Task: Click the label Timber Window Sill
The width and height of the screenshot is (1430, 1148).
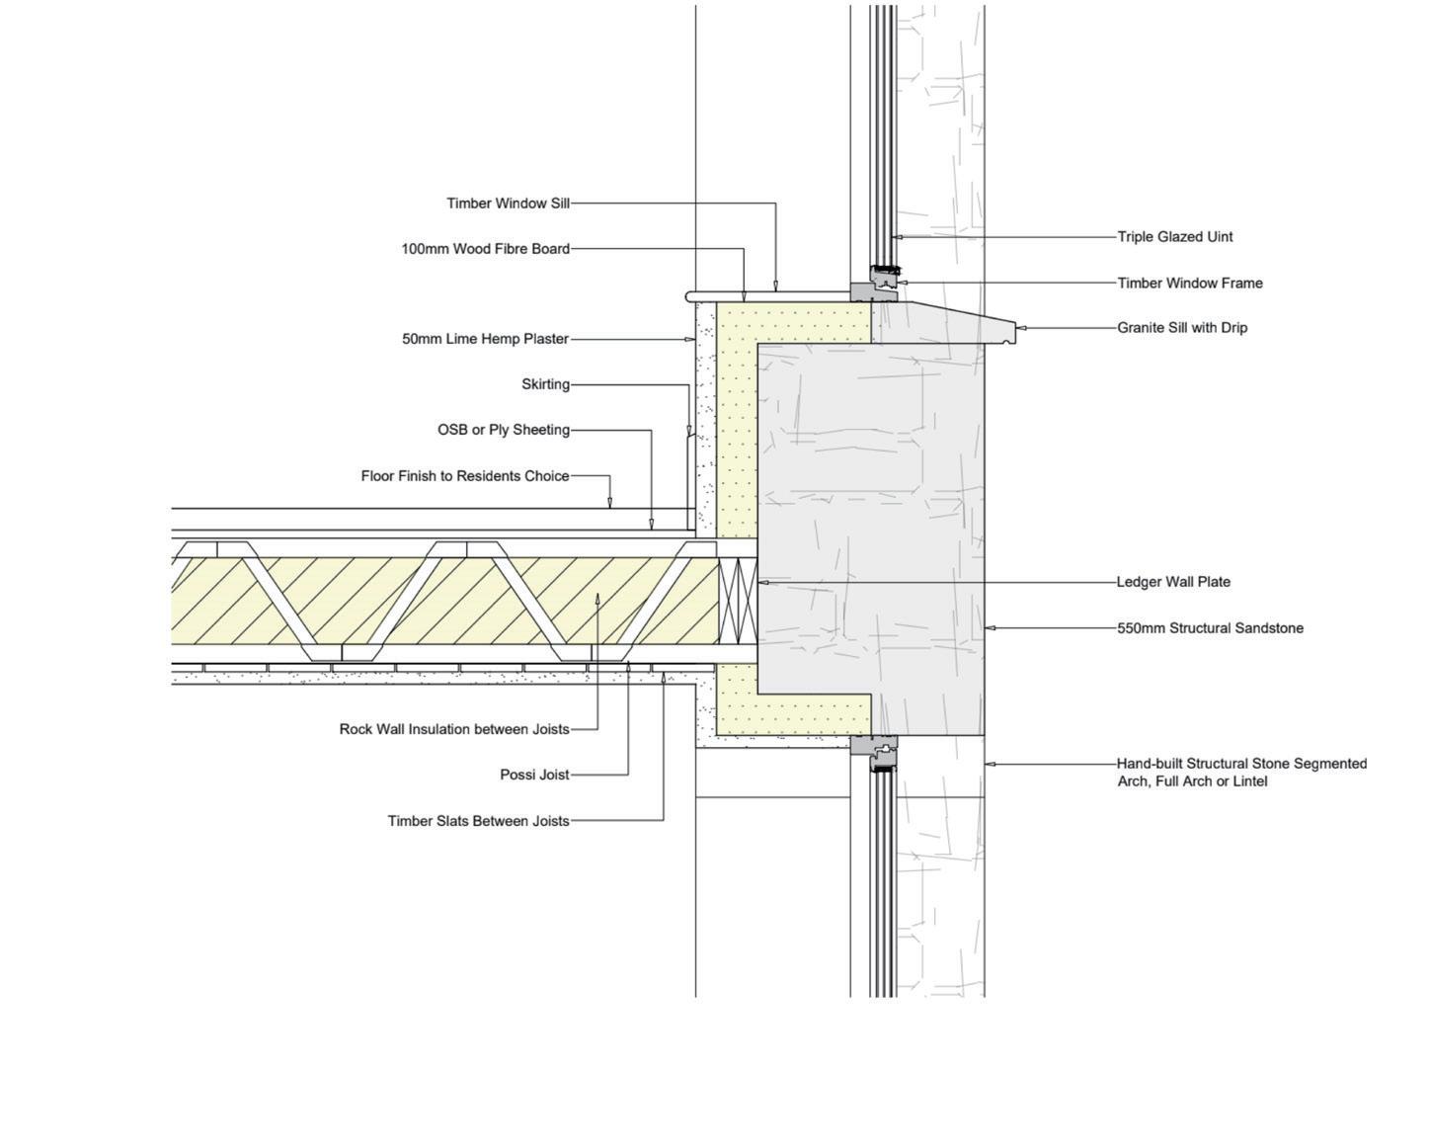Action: [x=508, y=204]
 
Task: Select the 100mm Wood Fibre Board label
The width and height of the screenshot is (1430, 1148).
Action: [x=485, y=249]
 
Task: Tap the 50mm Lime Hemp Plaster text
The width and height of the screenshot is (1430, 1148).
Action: [x=485, y=339]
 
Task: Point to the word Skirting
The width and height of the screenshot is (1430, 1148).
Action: [x=545, y=384]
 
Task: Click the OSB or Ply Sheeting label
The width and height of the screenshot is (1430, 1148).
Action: [x=504, y=430]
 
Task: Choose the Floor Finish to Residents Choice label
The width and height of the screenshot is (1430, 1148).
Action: [x=465, y=476]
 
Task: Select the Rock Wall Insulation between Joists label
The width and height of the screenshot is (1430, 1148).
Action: [x=454, y=729]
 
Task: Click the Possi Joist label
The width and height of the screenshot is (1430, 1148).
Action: [x=534, y=775]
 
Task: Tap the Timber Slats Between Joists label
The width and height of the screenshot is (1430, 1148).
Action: [x=478, y=820]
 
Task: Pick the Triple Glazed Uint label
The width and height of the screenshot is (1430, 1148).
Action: [x=1175, y=237]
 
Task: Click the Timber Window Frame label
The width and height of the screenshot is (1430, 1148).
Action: [x=1190, y=283]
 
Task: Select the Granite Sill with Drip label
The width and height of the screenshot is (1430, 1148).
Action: [x=1182, y=328]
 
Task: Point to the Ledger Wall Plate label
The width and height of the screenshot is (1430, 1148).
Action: [x=1173, y=582]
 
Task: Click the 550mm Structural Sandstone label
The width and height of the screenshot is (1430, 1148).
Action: [x=1210, y=628]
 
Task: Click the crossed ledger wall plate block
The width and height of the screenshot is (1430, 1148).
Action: [x=738, y=602]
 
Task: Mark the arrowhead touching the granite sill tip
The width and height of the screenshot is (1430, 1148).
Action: [x=1021, y=327]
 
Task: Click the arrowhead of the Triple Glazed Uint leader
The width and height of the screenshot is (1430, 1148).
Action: [x=896, y=237]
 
